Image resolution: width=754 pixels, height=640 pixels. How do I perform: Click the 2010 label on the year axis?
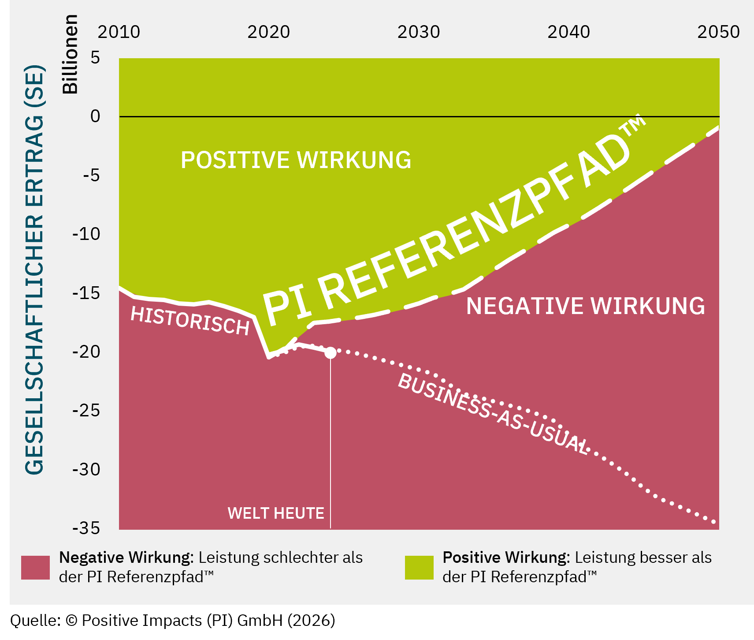point(119,32)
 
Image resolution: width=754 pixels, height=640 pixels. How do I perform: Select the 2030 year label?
point(419,32)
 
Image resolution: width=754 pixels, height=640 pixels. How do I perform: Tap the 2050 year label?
point(718,32)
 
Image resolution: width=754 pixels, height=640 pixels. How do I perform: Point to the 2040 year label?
point(568,32)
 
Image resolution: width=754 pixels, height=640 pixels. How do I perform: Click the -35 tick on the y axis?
point(86,528)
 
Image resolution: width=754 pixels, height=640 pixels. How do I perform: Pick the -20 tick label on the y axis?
point(86,352)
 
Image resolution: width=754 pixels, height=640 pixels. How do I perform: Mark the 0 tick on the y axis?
point(95,116)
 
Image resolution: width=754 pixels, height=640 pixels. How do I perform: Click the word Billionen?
point(70,54)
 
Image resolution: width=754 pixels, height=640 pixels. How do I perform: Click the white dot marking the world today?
point(330,353)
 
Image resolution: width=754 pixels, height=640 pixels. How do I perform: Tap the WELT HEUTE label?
point(276,513)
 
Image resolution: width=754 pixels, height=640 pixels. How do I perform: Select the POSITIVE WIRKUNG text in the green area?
point(296,160)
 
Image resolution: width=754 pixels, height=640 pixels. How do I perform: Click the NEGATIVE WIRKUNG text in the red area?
point(585,306)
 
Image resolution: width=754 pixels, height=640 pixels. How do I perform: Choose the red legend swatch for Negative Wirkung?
point(35,567)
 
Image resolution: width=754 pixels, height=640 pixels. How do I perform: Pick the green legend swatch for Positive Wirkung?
point(419,567)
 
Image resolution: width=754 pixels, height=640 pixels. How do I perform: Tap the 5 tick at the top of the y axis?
point(95,58)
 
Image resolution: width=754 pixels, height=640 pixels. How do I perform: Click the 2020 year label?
point(268,32)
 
